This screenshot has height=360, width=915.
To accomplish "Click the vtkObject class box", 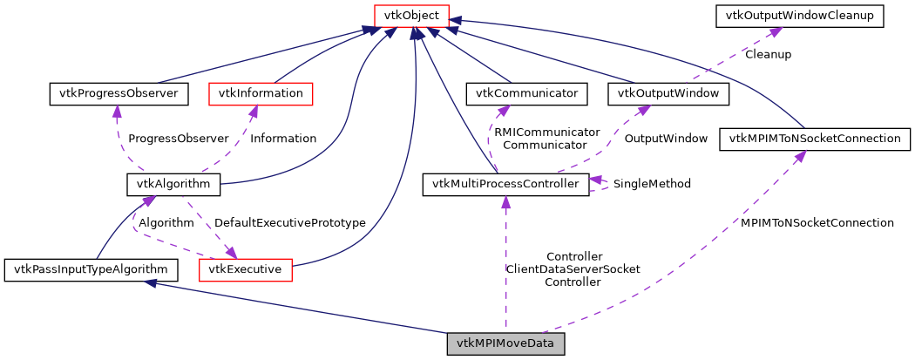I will click(411, 16).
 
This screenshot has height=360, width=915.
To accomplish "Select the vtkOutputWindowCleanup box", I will click(799, 16).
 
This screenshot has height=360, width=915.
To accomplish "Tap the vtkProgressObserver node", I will click(118, 92).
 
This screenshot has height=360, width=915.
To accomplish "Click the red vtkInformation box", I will click(261, 92).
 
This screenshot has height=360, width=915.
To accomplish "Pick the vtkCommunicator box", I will click(527, 92).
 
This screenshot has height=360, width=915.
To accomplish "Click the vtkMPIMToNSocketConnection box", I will click(815, 138).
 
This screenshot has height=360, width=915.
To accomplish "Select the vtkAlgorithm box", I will click(173, 184).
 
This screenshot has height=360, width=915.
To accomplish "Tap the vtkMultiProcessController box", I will click(505, 184).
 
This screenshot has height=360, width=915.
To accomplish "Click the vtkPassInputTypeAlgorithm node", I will click(91, 269).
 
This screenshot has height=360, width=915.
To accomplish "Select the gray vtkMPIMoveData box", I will click(505, 344).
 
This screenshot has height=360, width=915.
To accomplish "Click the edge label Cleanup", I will click(768, 54).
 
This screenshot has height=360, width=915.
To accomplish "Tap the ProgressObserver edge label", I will click(178, 138).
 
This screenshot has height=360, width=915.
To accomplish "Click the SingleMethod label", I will click(652, 184).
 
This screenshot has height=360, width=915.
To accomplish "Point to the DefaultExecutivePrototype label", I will click(289, 222).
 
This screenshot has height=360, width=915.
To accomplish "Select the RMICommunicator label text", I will click(546, 132).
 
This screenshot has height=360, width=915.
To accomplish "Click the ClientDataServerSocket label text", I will click(573, 269).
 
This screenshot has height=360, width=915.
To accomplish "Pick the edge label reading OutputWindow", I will click(665, 138).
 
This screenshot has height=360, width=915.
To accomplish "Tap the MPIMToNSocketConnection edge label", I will click(817, 222).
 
